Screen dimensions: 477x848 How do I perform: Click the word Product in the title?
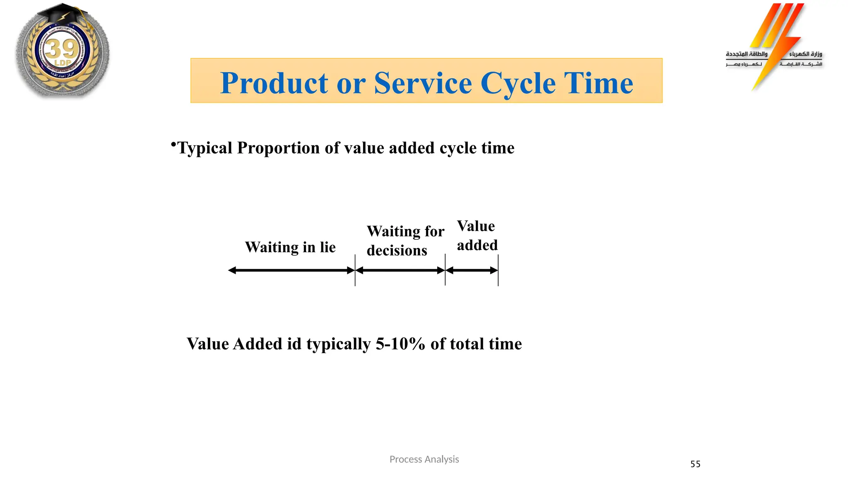point(274,83)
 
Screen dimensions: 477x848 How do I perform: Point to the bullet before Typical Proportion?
point(173,145)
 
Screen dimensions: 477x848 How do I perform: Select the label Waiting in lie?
point(290,247)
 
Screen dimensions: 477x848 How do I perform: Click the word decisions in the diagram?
point(397,251)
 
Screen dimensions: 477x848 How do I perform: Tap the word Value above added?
point(476,226)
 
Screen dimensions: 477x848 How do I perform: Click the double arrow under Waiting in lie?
point(291,270)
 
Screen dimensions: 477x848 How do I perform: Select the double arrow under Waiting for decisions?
point(400,270)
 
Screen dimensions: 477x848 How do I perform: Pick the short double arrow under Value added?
point(472,270)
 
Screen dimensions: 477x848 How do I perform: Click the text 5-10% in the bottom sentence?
point(400,344)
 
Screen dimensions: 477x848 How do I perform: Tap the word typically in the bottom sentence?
point(338,344)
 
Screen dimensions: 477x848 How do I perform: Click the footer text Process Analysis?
point(424,459)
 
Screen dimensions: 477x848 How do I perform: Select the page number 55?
point(695,464)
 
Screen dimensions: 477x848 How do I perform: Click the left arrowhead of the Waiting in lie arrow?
point(232,270)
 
